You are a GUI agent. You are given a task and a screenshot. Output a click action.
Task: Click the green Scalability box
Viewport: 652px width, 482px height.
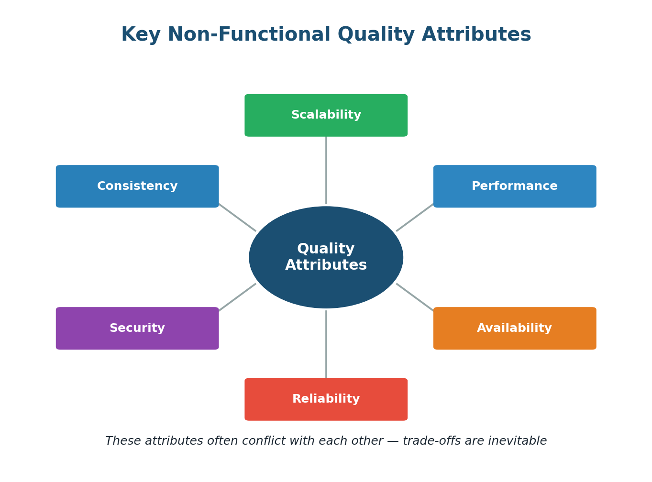point(326,115)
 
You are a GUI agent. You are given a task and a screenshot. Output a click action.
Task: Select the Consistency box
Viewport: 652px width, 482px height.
point(137,186)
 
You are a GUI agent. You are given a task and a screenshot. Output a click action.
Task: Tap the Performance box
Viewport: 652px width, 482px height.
point(515,186)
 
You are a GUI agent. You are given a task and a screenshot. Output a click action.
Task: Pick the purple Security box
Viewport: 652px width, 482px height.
point(137,329)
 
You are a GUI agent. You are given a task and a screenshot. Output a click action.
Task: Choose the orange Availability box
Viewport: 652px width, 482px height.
point(515,329)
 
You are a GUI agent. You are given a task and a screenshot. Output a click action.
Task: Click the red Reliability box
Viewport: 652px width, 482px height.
point(326,399)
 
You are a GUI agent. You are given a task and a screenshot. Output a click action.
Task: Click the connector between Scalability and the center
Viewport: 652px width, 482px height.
point(326,170)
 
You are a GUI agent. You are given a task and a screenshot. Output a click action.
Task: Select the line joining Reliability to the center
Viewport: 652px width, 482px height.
point(326,344)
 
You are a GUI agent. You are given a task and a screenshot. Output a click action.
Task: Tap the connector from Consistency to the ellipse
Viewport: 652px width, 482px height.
point(237,218)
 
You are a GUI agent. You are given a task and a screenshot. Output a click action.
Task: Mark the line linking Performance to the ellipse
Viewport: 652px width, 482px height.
point(415,218)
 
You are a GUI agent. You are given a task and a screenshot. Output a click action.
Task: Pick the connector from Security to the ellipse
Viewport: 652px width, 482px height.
point(237,297)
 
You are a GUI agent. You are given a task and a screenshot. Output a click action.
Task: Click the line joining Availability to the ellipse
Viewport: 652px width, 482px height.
point(415,297)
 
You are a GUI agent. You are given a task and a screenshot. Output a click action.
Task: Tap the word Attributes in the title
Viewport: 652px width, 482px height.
point(476,35)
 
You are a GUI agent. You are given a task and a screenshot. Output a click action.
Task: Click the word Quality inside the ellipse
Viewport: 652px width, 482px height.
point(326,249)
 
